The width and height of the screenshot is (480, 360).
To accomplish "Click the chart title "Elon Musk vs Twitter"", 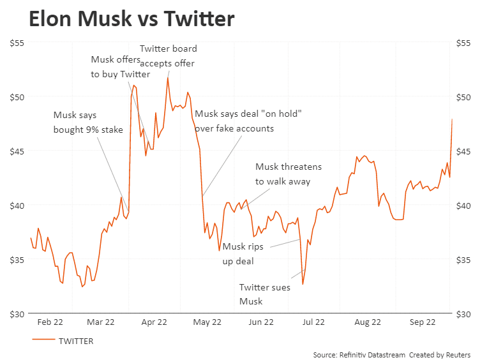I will tap(131, 19).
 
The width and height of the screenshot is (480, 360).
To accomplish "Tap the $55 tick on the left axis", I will tap(17, 43).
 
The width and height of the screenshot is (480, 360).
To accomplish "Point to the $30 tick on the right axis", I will tap(464, 314).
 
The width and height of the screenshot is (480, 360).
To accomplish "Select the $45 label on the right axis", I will tap(464, 151).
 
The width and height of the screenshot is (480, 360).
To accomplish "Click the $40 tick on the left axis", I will tap(17, 206).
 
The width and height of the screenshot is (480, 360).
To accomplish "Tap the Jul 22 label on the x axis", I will tap(314, 323).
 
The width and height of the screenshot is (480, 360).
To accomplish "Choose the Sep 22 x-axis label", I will tap(421, 323).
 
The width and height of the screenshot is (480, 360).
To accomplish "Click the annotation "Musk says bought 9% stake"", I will tap(88, 123).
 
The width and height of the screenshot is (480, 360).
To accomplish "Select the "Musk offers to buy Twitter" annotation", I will tap(121, 66).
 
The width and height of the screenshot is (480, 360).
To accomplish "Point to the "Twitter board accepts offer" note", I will tap(168, 56).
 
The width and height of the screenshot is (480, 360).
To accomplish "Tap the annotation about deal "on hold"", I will tap(248, 121).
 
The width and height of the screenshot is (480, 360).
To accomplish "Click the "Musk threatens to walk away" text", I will tap(288, 174).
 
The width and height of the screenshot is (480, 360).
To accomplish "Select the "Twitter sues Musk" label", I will tap(264, 294).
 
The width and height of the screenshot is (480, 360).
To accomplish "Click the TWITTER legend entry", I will tap(75, 341).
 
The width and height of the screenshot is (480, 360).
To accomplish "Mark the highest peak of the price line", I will tap(168, 78).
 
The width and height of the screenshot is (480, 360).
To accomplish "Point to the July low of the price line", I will tap(303, 284).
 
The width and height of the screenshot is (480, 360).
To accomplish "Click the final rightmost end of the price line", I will tap(452, 119).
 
